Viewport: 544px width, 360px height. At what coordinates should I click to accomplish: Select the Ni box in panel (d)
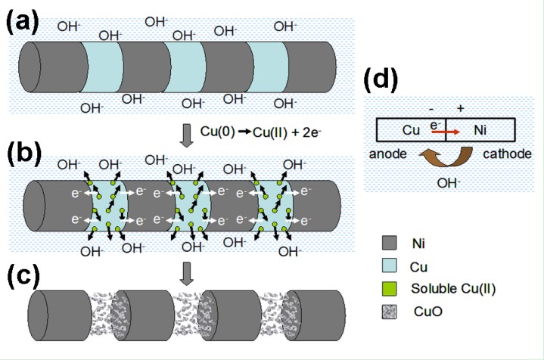coord(480,129)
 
